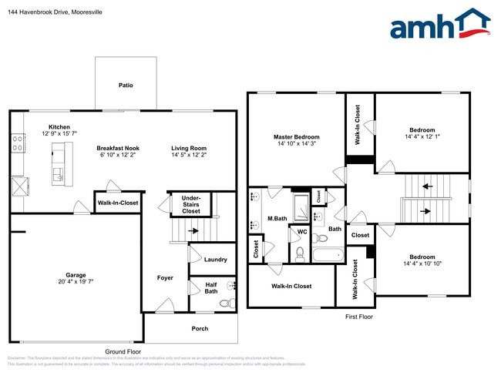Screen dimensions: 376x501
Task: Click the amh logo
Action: [440, 25]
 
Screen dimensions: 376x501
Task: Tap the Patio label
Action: [125, 85]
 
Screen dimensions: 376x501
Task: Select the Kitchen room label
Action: [59, 127]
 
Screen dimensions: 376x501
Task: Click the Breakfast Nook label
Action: [118, 148]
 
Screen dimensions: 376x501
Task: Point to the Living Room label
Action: [189, 148]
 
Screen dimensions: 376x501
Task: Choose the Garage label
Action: [76, 274]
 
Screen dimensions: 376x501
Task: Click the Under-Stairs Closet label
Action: [190, 204]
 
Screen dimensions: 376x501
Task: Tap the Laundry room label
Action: [215, 260]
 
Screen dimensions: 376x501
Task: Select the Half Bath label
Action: [210, 288]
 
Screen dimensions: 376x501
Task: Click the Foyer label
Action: [165, 277]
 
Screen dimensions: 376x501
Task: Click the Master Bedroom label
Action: [297, 137]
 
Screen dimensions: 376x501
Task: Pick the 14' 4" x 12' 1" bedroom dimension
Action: [422, 137]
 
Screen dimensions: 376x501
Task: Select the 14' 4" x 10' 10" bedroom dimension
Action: [422, 264]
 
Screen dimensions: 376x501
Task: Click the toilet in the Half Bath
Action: [226, 303]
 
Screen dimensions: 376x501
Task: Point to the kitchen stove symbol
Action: [17, 143]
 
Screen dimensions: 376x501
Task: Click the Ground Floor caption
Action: [121, 351]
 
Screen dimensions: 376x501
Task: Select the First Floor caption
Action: [358, 316]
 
